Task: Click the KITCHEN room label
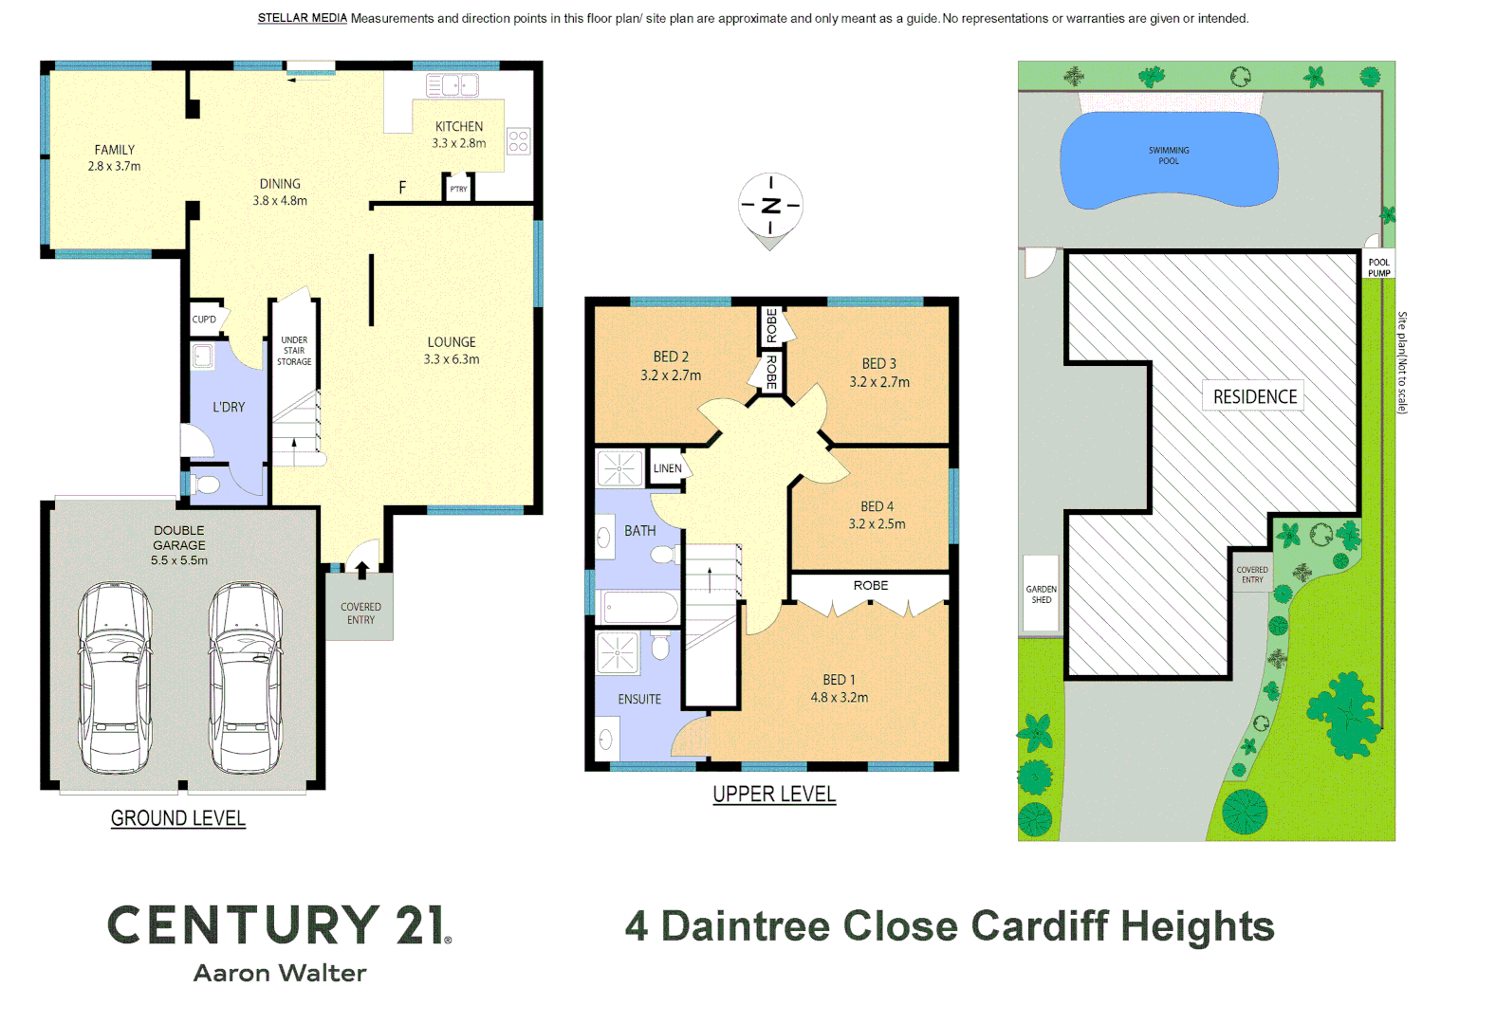coord(459,126)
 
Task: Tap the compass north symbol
coord(770,205)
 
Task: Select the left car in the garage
coord(115,677)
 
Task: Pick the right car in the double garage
coord(246,677)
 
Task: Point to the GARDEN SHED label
coord(1041,594)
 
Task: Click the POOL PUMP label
coord(1378,267)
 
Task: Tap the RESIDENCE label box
coord(1254,396)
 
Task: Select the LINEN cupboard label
coord(667,468)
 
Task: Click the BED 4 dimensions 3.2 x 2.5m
coord(877,523)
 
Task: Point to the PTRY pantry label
coord(458,190)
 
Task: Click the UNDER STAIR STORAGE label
coord(294,351)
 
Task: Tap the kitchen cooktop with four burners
coord(518,141)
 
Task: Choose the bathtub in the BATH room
coord(640,607)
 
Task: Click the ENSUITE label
coord(639,699)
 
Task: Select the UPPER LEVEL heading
coord(774,795)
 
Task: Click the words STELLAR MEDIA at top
coord(302,18)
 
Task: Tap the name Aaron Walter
coord(280,973)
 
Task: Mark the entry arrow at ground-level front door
coord(362,569)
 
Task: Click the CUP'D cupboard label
coord(204,320)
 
